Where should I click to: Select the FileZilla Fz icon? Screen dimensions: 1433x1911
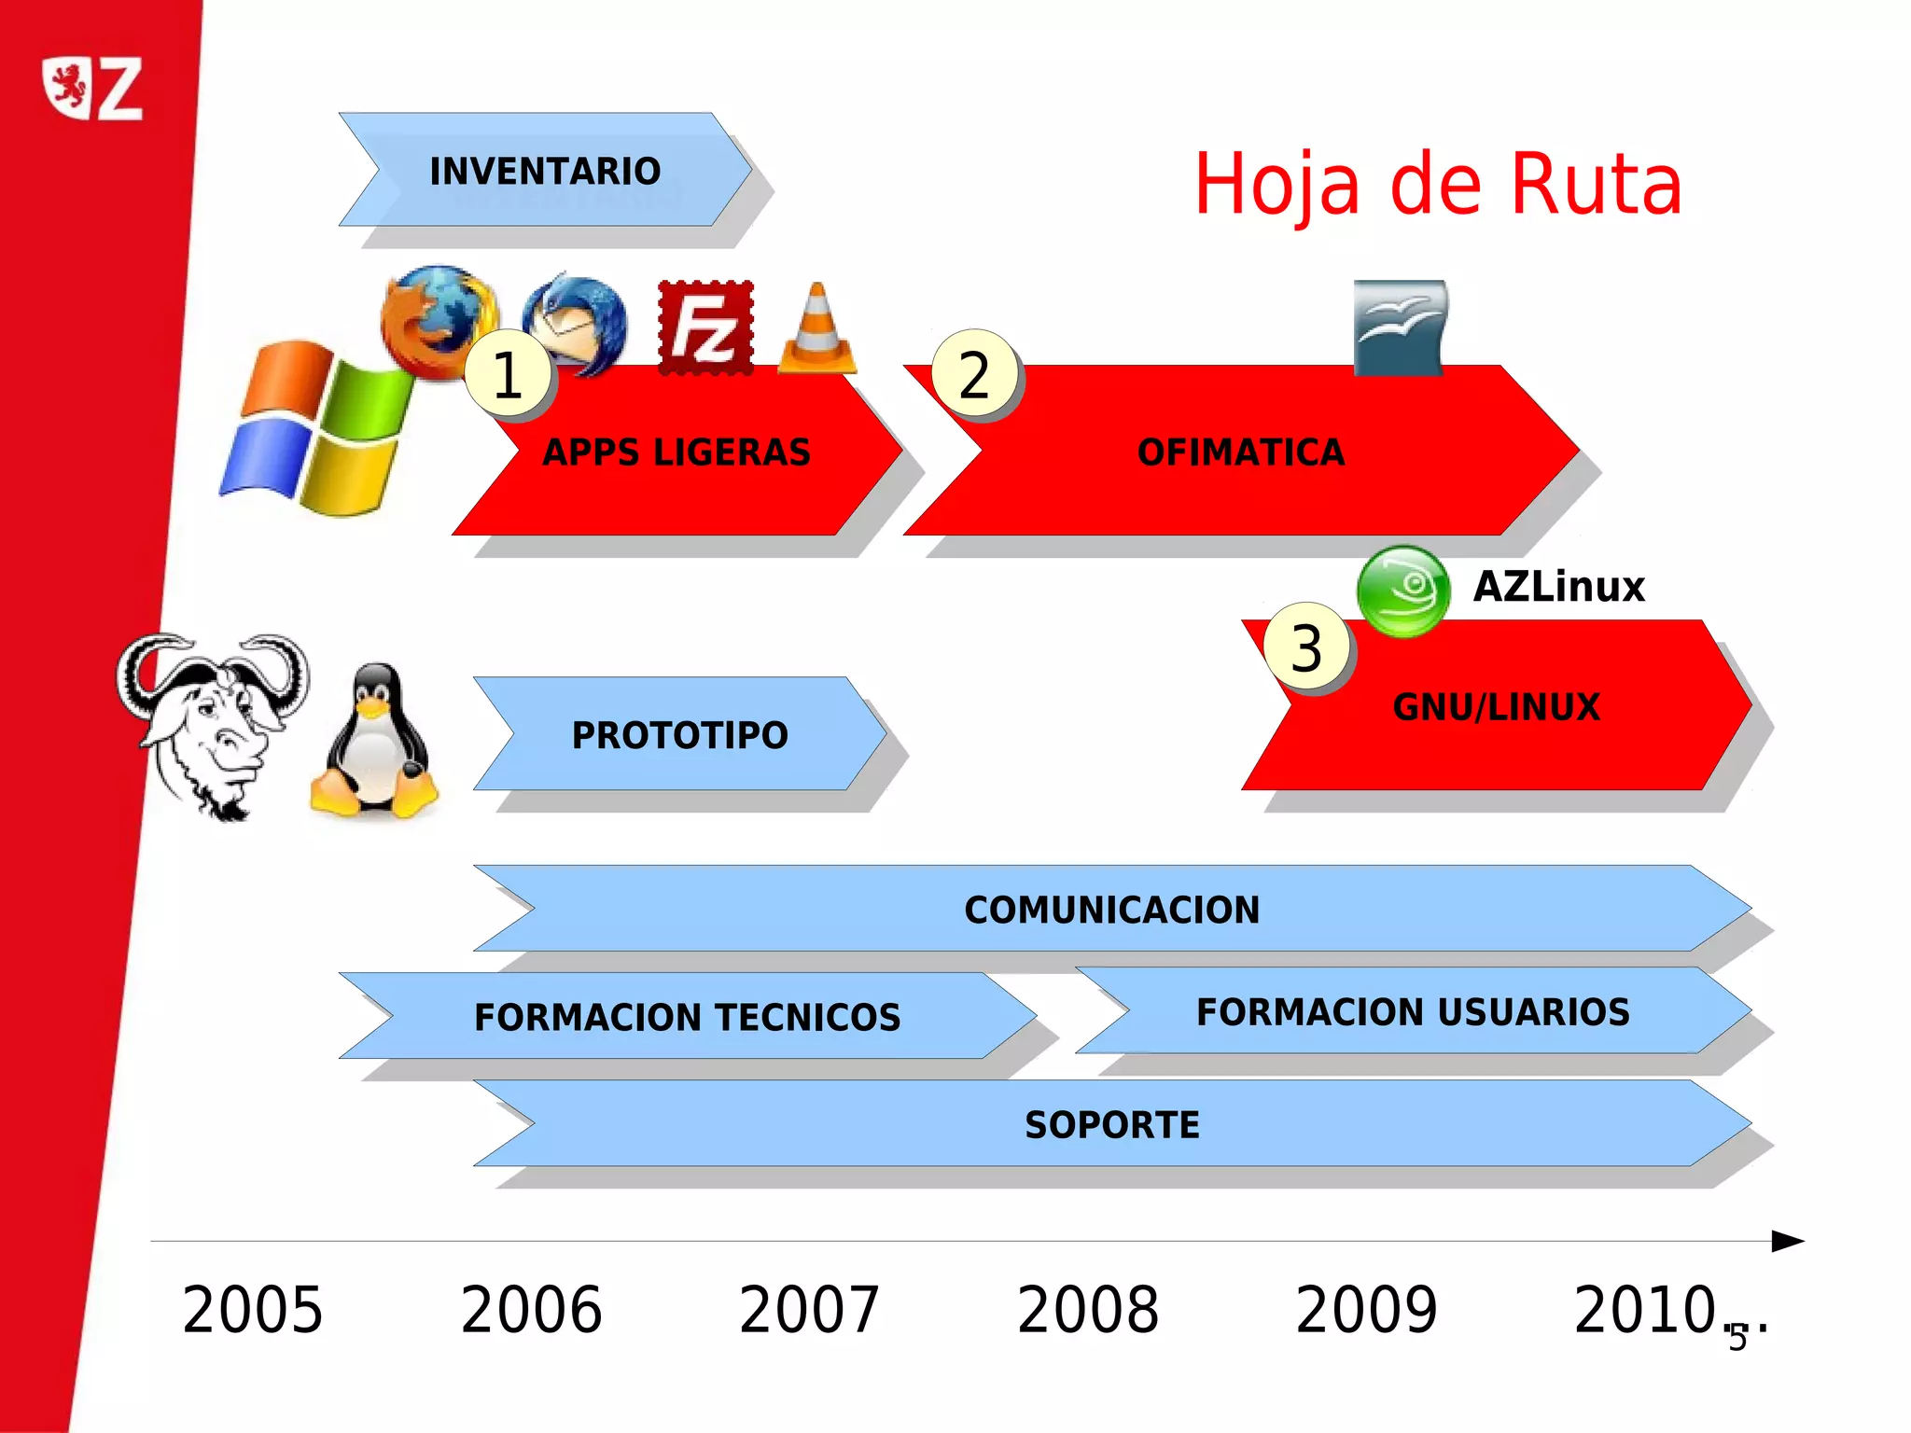(x=705, y=327)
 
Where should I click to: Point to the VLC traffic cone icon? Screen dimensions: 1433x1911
(x=816, y=330)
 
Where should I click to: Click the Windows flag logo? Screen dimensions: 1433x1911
(x=315, y=428)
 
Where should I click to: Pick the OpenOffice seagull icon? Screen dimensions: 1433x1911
(x=1400, y=327)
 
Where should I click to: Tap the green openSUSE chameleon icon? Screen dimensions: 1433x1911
(x=1402, y=591)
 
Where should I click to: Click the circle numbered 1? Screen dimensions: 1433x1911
(x=508, y=375)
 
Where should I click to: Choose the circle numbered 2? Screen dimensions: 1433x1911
(x=974, y=375)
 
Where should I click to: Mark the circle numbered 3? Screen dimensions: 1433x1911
(x=1306, y=648)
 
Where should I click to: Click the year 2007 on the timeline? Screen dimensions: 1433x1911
(x=809, y=1309)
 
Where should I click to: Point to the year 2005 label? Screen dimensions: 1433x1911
(x=252, y=1309)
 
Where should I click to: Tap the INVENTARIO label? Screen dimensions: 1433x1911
(x=545, y=172)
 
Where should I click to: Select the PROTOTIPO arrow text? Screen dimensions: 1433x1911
(x=680, y=735)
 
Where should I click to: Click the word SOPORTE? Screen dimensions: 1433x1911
(x=1112, y=1125)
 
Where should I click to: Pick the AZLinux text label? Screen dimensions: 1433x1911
(x=1558, y=587)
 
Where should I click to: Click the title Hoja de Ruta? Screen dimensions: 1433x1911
(x=1438, y=185)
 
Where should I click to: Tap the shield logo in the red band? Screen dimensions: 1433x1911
(x=68, y=88)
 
